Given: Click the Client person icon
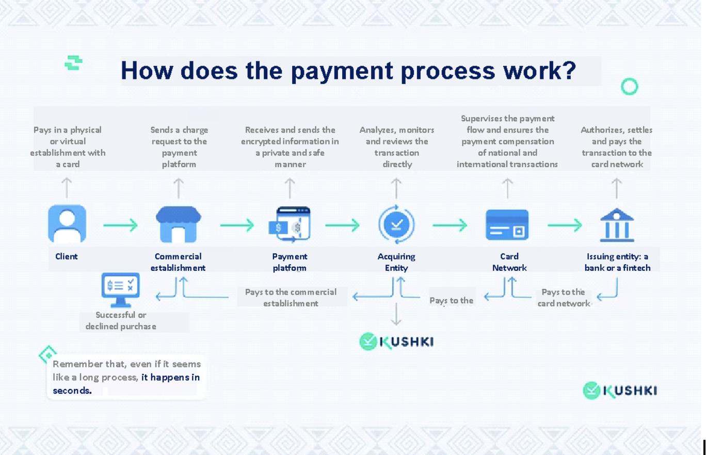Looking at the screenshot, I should pyautogui.click(x=67, y=224).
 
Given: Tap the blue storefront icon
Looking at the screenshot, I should pyautogui.click(x=179, y=224).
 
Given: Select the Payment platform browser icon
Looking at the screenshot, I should pyautogui.click(x=290, y=224).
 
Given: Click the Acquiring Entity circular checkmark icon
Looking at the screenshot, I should pyautogui.click(x=396, y=224).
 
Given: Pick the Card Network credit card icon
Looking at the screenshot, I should pyautogui.click(x=507, y=225).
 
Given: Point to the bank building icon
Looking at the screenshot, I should pyautogui.click(x=617, y=225).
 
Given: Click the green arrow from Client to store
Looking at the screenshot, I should pyautogui.click(x=120, y=225).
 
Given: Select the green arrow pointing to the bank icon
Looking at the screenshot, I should pyautogui.click(x=565, y=225).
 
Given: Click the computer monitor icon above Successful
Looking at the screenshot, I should pyautogui.click(x=121, y=289).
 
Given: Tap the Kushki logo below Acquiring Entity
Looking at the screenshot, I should pyautogui.click(x=396, y=342).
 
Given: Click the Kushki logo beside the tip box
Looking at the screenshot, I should pyautogui.click(x=619, y=391).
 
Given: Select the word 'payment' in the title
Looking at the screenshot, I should pyautogui.click(x=342, y=71).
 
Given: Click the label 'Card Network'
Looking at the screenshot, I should pyautogui.click(x=509, y=262).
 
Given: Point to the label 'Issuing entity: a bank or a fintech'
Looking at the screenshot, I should pyautogui.click(x=617, y=262).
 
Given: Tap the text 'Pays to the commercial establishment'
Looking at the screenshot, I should pyautogui.click(x=291, y=298).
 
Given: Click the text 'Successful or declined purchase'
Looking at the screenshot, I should pyautogui.click(x=121, y=320).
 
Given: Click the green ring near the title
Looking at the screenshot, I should pyautogui.click(x=629, y=86).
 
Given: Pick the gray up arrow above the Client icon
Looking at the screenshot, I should pyautogui.click(x=67, y=188).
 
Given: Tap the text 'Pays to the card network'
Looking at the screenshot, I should pyautogui.click(x=563, y=298).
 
